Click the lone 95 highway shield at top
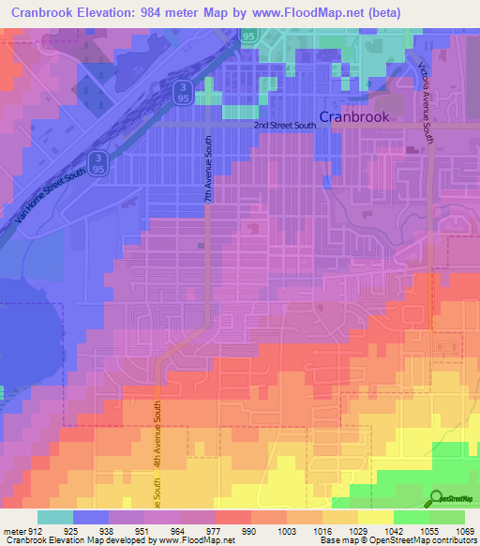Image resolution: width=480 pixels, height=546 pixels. click(248, 36)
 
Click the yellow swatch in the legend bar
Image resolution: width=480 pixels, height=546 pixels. click(375, 517)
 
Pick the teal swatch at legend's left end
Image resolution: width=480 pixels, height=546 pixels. click(55, 517)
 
